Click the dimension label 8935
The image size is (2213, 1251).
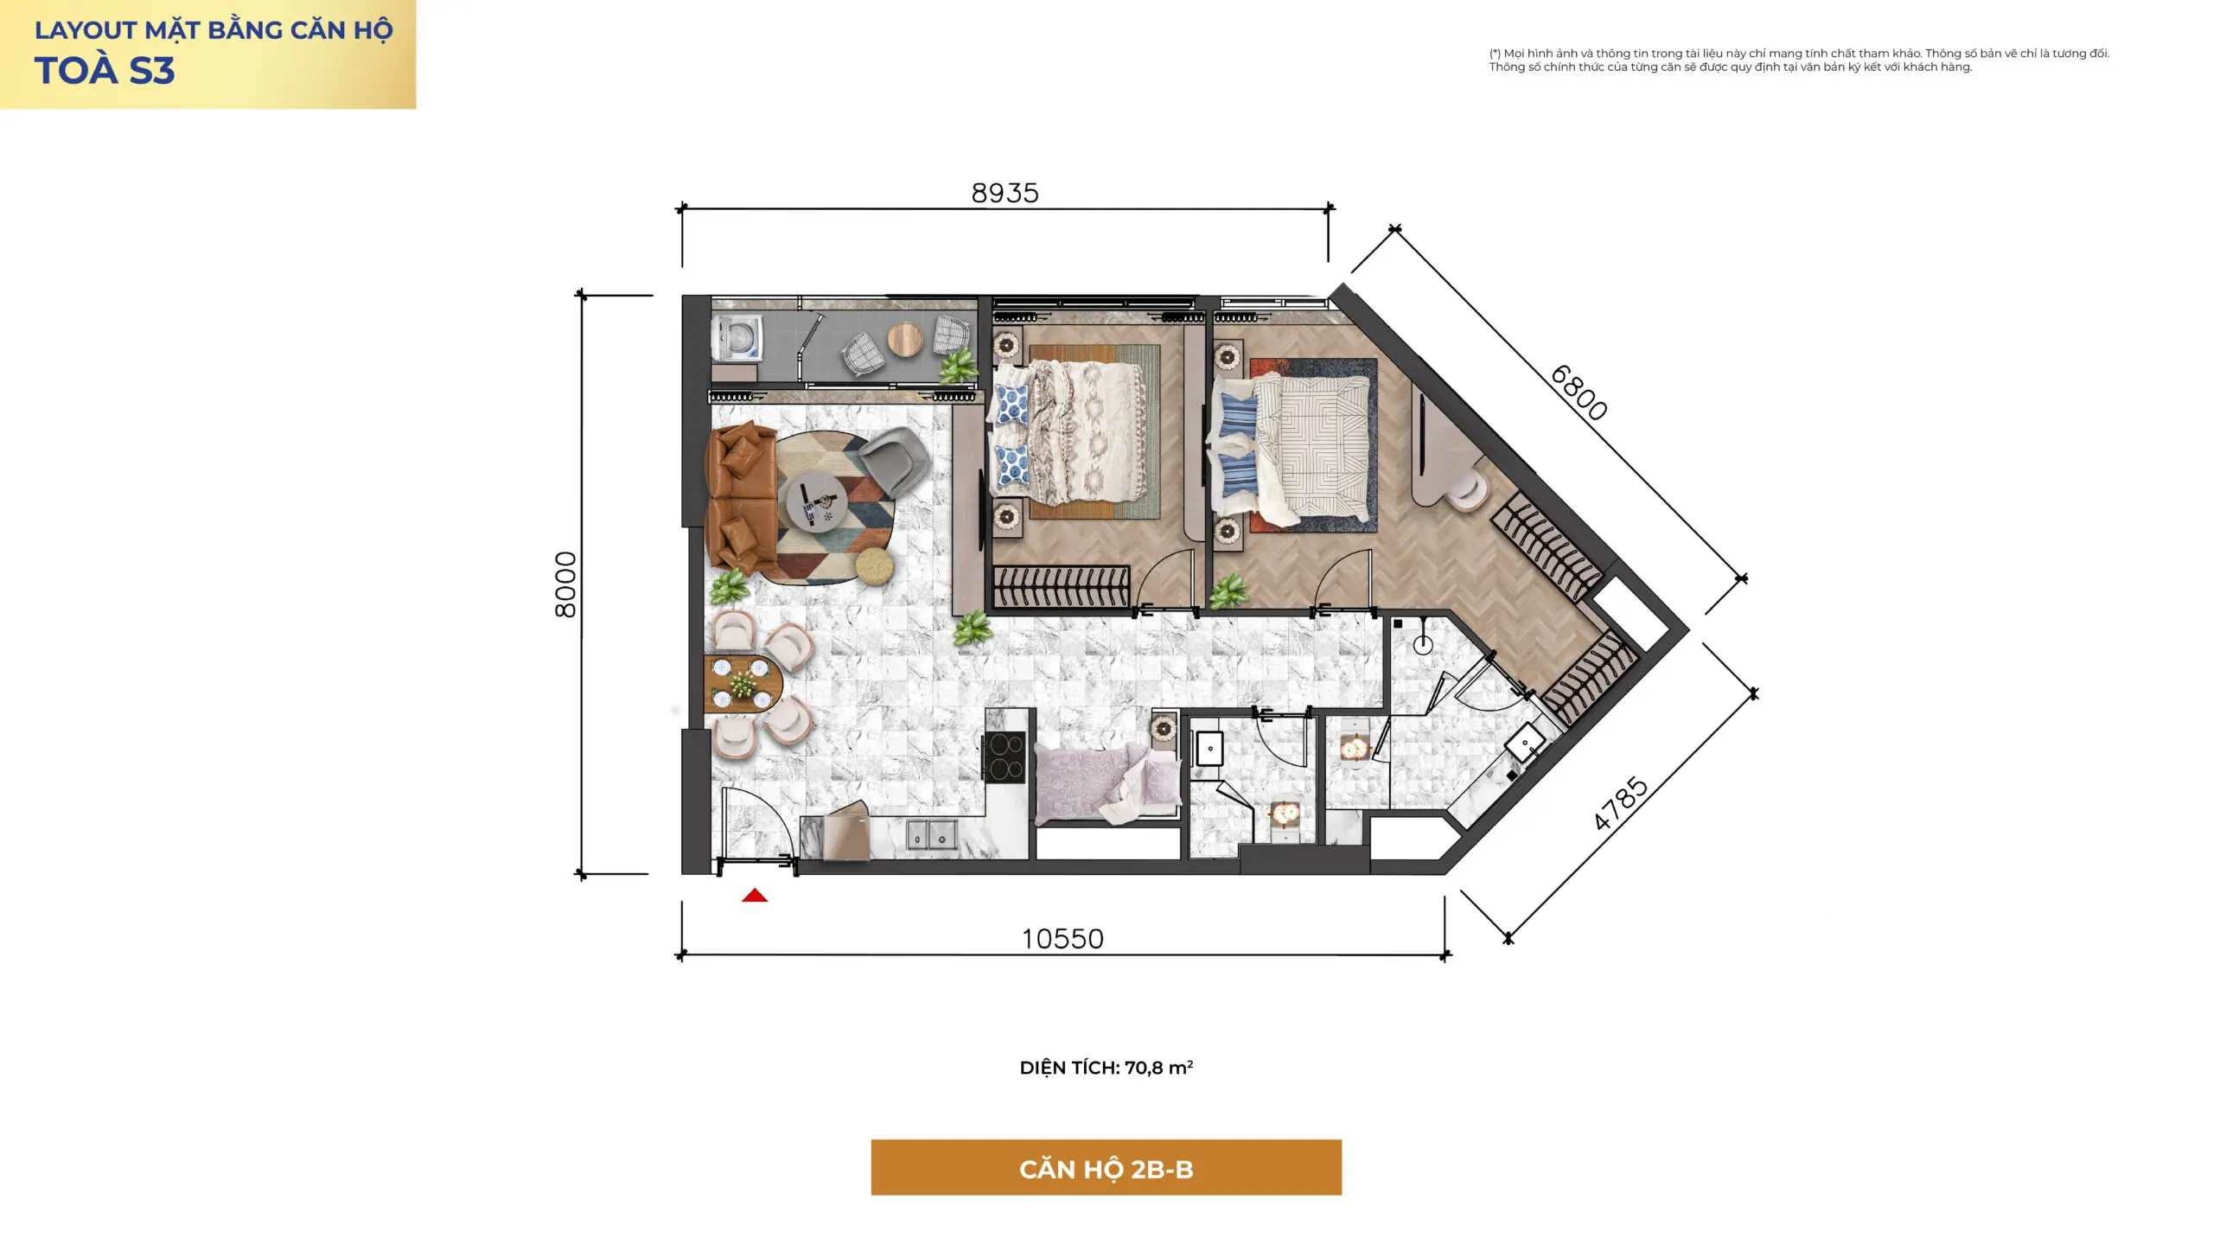click(1004, 193)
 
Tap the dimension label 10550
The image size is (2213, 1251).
click(1062, 939)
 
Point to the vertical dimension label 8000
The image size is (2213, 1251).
click(565, 584)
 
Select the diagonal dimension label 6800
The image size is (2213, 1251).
click(1578, 393)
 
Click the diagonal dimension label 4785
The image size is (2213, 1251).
click(1621, 804)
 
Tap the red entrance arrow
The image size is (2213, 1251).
click(755, 896)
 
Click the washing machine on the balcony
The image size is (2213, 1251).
click(737, 339)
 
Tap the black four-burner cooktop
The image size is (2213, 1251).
click(1004, 757)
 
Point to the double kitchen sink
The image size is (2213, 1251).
click(931, 835)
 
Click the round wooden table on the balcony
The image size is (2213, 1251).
click(906, 339)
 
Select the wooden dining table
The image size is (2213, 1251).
click(743, 684)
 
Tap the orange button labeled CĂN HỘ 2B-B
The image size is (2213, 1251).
click(1106, 1167)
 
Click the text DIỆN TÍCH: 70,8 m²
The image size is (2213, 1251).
click(1106, 1068)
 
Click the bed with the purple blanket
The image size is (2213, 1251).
click(1107, 782)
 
